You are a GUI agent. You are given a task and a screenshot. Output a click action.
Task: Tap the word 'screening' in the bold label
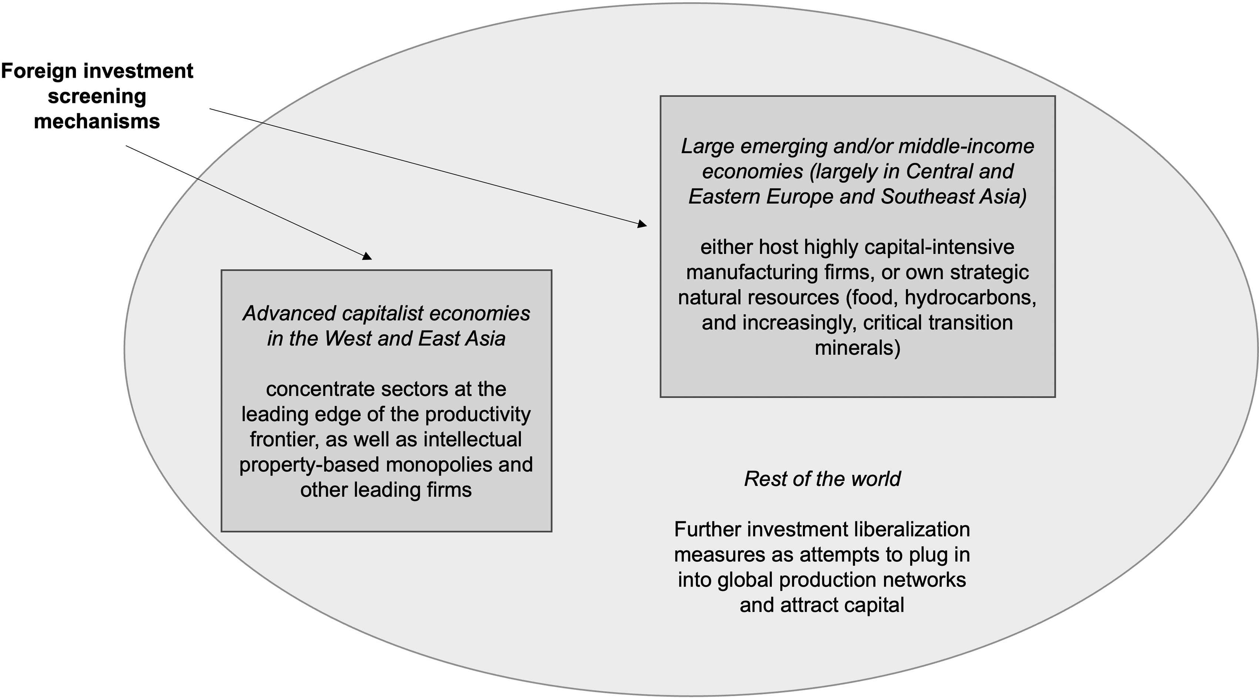click(97, 96)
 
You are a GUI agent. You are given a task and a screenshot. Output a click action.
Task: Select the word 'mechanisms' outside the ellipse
click(97, 121)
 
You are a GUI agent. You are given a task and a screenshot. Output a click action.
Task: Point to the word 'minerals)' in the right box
click(857, 348)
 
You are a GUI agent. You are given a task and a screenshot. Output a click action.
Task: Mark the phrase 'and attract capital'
click(822, 605)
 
